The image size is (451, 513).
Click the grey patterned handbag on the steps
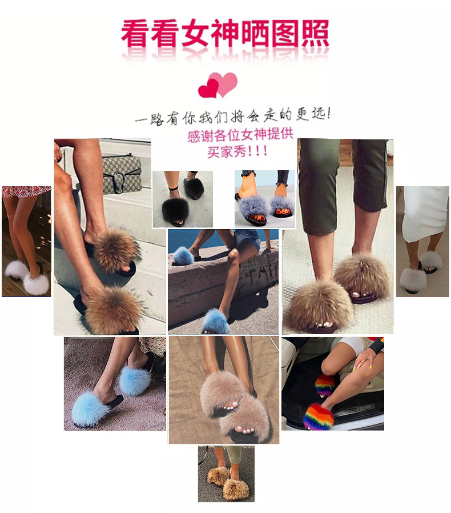[x=120, y=173]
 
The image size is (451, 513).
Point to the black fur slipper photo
[x=182, y=199]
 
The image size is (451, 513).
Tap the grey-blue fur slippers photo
[x=264, y=198]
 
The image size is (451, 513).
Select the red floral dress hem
[x=26, y=191]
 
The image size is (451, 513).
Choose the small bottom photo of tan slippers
[x=226, y=474]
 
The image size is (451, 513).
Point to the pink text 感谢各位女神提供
[x=240, y=136]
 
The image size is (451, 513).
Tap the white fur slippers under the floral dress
[x=28, y=278]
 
